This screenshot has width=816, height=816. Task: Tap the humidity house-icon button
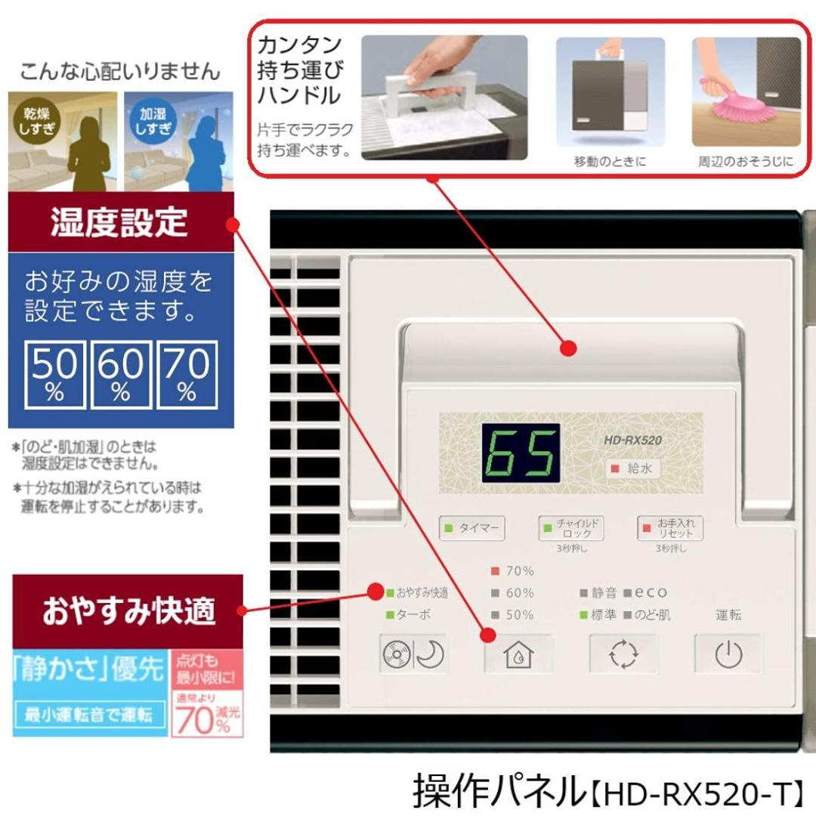pyautogui.click(x=518, y=654)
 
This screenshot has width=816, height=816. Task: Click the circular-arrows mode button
pyautogui.click(x=623, y=654)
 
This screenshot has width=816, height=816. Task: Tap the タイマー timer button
pyautogui.click(x=472, y=528)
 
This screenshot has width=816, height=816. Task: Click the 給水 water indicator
pyautogui.click(x=632, y=468)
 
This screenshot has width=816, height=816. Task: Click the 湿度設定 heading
pyautogui.click(x=119, y=223)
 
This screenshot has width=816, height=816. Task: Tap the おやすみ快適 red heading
pyautogui.click(x=128, y=610)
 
